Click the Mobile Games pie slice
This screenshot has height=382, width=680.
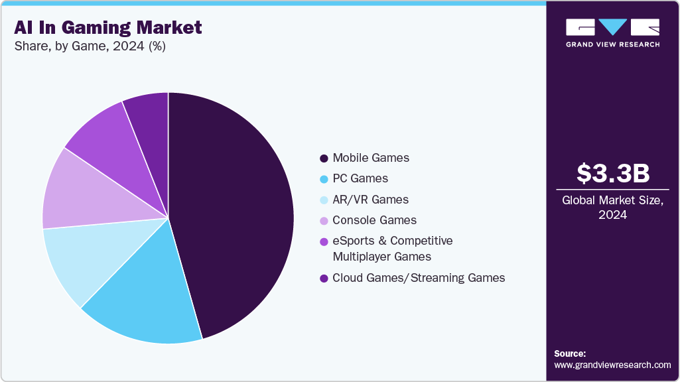click(232, 212)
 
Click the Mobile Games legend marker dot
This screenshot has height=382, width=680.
click(324, 159)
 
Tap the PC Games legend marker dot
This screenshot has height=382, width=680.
click(324, 179)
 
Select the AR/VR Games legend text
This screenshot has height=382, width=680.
click(370, 200)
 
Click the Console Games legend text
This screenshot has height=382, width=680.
click(375, 220)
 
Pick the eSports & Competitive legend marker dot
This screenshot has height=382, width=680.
click(324, 241)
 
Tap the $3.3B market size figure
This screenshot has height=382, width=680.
click(612, 174)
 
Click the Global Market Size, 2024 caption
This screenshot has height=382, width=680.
click(612, 208)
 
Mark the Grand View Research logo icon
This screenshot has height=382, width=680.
click(612, 27)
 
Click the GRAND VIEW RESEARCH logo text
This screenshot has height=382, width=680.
click(612, 44)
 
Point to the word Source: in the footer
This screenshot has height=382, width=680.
click(570, 353)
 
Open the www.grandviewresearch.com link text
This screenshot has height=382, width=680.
click(612, 365)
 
